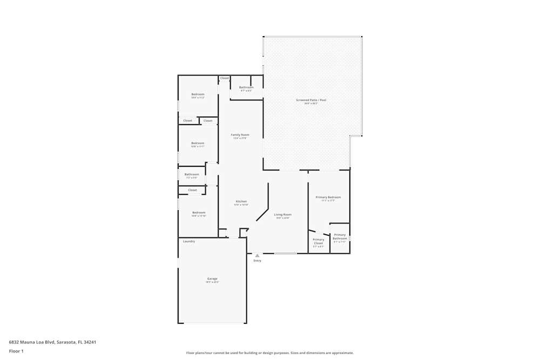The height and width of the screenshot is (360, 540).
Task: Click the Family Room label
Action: (240, 134)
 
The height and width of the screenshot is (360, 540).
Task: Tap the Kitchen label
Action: (241, 201)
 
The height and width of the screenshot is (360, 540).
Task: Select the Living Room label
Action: (282, 214)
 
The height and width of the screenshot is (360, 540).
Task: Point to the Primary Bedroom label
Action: (328, 197)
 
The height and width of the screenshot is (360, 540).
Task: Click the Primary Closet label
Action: (319, 241)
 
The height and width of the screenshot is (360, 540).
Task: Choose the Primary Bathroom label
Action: (340, 236)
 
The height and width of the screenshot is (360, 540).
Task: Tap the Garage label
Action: (212, 279)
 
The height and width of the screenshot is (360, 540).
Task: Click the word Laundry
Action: (189, 241)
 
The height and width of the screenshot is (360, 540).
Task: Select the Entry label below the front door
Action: (257, 261)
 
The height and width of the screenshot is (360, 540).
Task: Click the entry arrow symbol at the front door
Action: (257, 255)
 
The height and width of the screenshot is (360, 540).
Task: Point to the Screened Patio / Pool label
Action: (311, 100)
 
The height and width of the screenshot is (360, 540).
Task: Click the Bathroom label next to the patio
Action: (246, 87)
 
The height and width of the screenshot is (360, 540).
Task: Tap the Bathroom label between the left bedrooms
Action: (192, 174)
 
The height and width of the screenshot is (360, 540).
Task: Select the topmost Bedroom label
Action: (198, 94)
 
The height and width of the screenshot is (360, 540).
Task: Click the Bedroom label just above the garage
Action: (199, 213)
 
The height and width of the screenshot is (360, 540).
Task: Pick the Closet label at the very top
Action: (225, 78)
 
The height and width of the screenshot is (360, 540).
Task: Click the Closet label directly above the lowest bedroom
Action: (193, 190)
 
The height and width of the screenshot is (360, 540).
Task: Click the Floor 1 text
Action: (16, 351)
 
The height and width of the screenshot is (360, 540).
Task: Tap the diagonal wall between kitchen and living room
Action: (262, 214)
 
